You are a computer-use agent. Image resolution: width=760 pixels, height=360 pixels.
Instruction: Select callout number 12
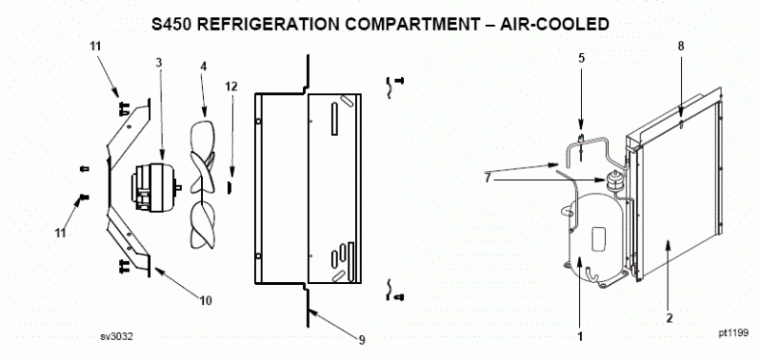(230, 88)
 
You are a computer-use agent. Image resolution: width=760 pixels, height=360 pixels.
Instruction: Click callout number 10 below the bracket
(205, 300)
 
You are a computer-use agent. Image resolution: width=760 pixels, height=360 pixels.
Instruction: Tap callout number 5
(581, 57)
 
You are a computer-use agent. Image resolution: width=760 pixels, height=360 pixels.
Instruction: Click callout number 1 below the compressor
(579, 337)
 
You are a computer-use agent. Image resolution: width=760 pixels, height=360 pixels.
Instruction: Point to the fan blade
(207, 183)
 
